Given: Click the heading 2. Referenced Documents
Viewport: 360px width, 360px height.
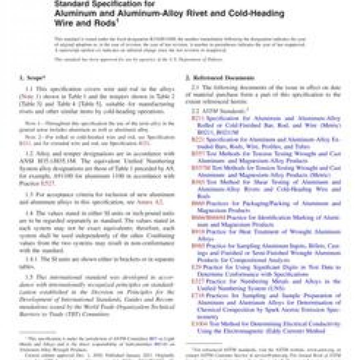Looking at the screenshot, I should [x=219, y=77].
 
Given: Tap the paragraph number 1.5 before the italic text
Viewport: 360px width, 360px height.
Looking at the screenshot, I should [x=29, y=276].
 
